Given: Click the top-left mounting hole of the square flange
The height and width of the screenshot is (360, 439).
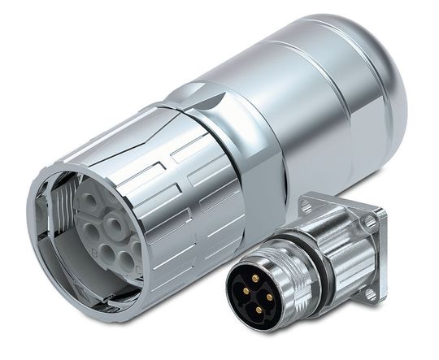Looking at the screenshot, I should pyautogui.click(x=306, y=208).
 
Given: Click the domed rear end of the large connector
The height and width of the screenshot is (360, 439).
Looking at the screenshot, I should pyautogui.click(x=382, y=81).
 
